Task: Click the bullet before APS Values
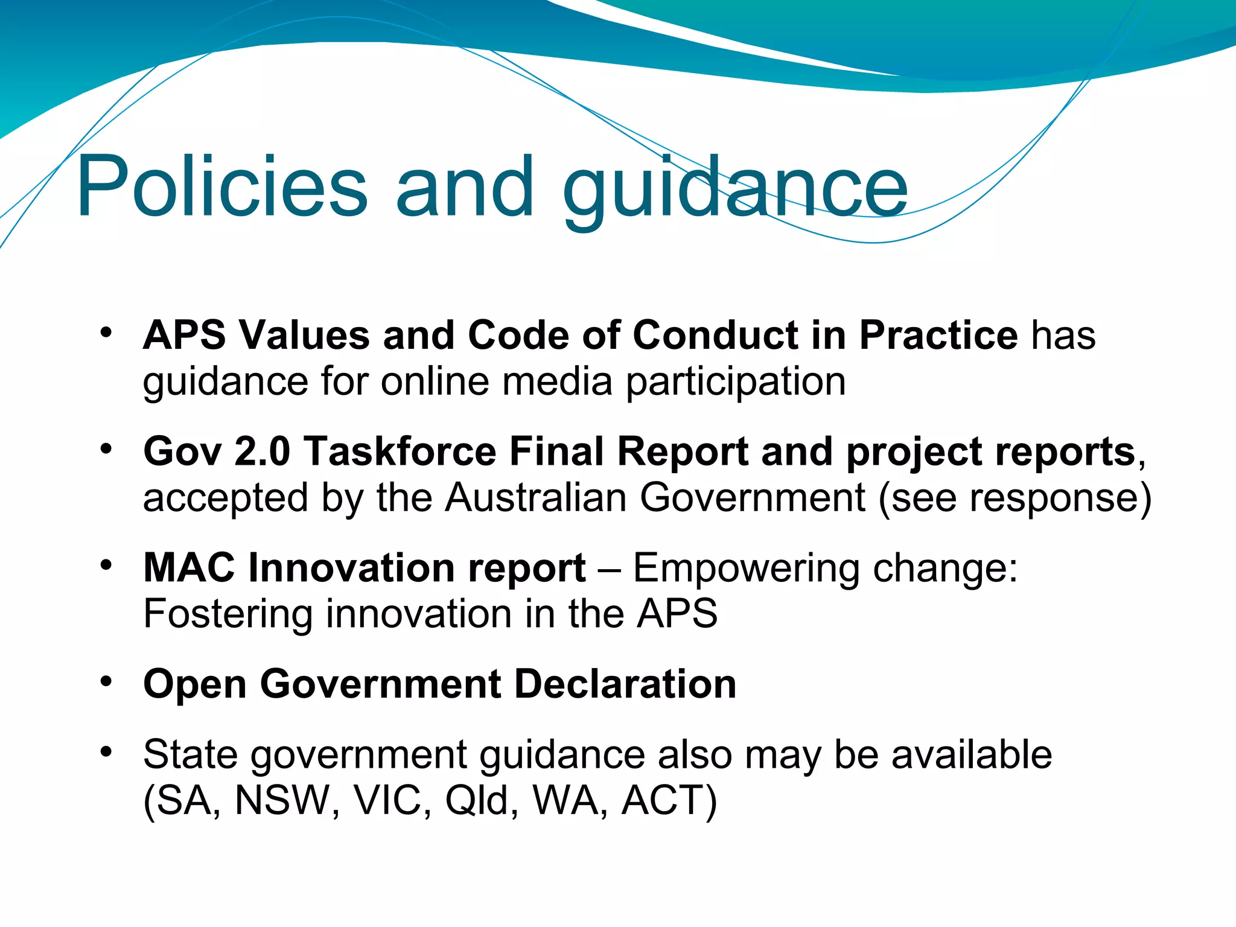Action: click(x=106, y=333)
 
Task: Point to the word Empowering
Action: click(x=745, y=569)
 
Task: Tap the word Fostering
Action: click(x=228, y=614)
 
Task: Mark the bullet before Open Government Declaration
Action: click(x=106, y=682)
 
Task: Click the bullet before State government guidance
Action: click(x=106, y=752)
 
